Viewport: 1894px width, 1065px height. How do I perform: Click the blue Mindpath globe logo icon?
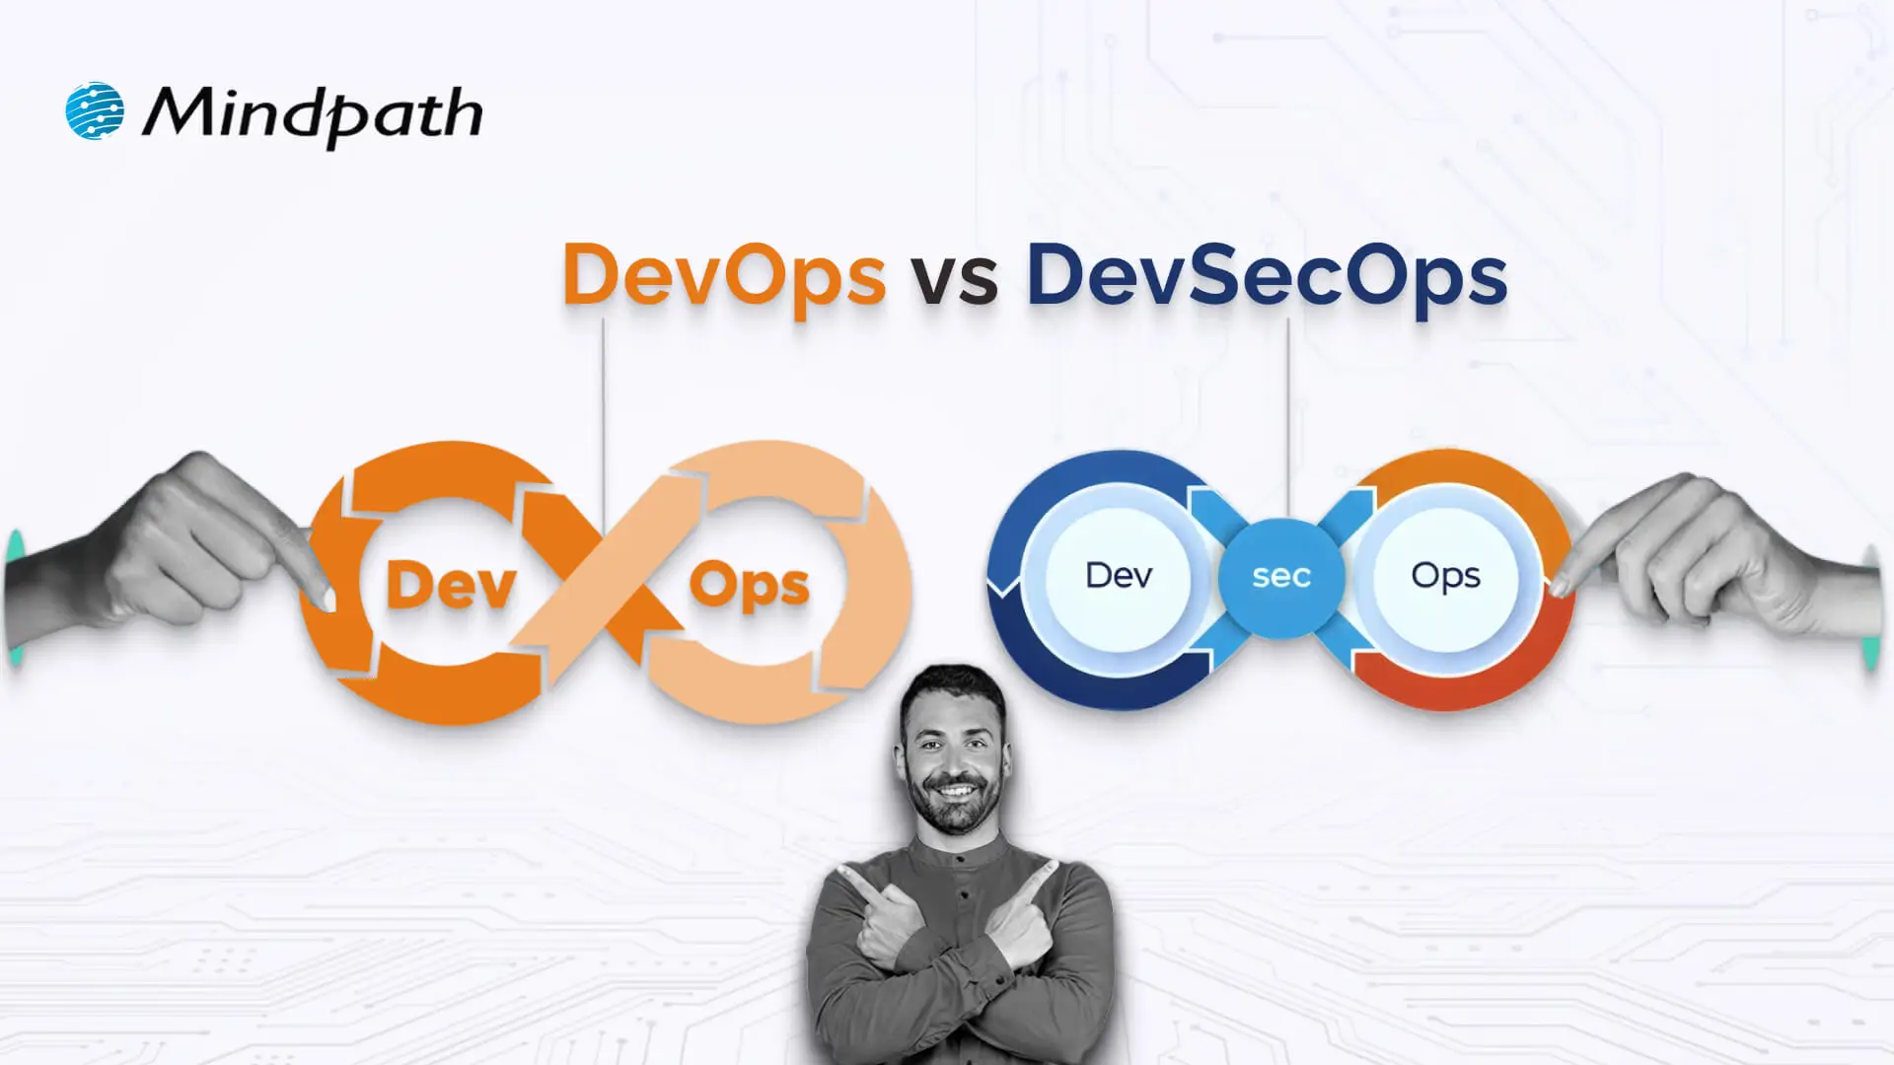click(x=95, y=110)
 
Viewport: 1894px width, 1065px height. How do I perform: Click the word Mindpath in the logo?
click(x=313, y=114)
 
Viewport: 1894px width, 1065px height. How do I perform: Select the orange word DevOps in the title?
click(x=723, y=275)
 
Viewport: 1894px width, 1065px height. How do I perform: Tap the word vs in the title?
click(x=954, y=278)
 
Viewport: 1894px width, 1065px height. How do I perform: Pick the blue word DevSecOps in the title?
click(x=1267, y=275)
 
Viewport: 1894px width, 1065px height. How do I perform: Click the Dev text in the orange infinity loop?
click(x=451, y=585)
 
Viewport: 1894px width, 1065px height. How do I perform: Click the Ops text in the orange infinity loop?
click(x=749, y=587)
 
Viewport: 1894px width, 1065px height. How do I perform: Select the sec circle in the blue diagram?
click(x=1281, y=576)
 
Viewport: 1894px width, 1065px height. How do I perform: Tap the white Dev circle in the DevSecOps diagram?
click(x=1119, y=575)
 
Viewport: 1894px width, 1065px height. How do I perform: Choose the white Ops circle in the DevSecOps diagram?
click(x=1445, y=575)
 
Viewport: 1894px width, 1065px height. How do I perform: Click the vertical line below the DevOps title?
click(x=603, y=394)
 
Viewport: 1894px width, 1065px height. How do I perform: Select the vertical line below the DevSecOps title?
click(x=1288, y=414)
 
